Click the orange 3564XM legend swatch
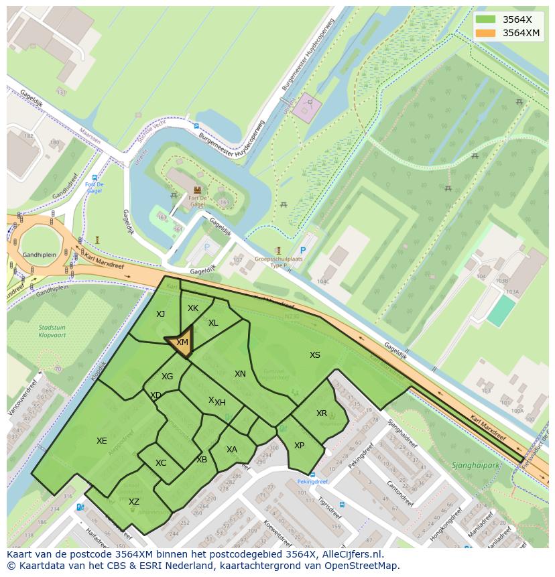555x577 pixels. point(487,33)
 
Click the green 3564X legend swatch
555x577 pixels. point(487,19)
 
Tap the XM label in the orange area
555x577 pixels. point(182,342)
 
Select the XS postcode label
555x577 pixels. point(314,355)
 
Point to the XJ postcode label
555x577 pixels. point(160,314)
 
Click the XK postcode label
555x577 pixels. point(193,308)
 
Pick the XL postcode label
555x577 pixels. point(213,323)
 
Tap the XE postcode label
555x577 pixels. point(101,441)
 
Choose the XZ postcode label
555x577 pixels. point(134,502)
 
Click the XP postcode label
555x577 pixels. point(299,446)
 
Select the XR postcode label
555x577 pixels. point(322,413)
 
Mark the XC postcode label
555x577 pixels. point(161,463)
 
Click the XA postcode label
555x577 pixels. point(231,450)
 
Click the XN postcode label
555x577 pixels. point(240,374)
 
